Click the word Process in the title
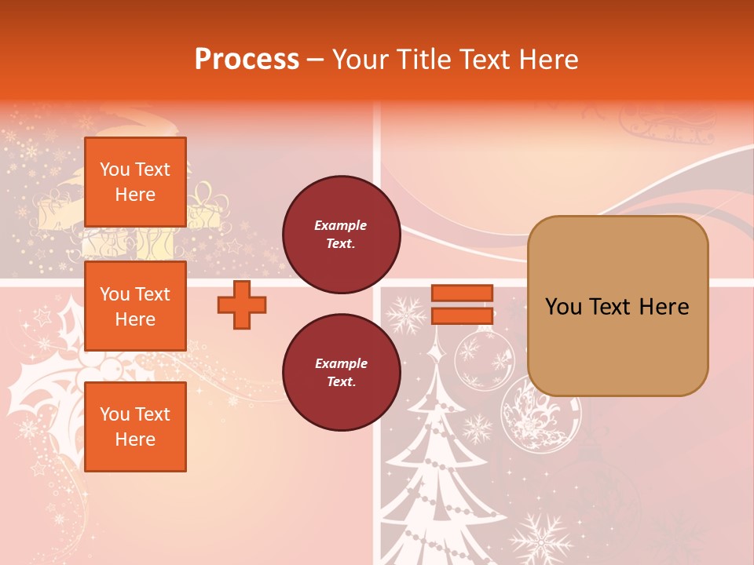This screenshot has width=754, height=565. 247,60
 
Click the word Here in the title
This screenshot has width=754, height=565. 547,60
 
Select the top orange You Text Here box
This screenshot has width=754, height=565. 135,182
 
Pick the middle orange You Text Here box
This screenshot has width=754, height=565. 135,306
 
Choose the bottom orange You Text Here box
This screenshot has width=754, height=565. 135,427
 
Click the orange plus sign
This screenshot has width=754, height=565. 242,305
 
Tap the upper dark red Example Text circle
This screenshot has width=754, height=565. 341,235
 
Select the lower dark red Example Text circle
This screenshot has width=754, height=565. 341,373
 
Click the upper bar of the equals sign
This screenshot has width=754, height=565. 462,293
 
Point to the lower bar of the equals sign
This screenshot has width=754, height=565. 462,316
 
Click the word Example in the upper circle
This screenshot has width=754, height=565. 341,226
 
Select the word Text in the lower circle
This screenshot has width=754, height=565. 341,382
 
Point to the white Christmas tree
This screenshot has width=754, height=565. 440,471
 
